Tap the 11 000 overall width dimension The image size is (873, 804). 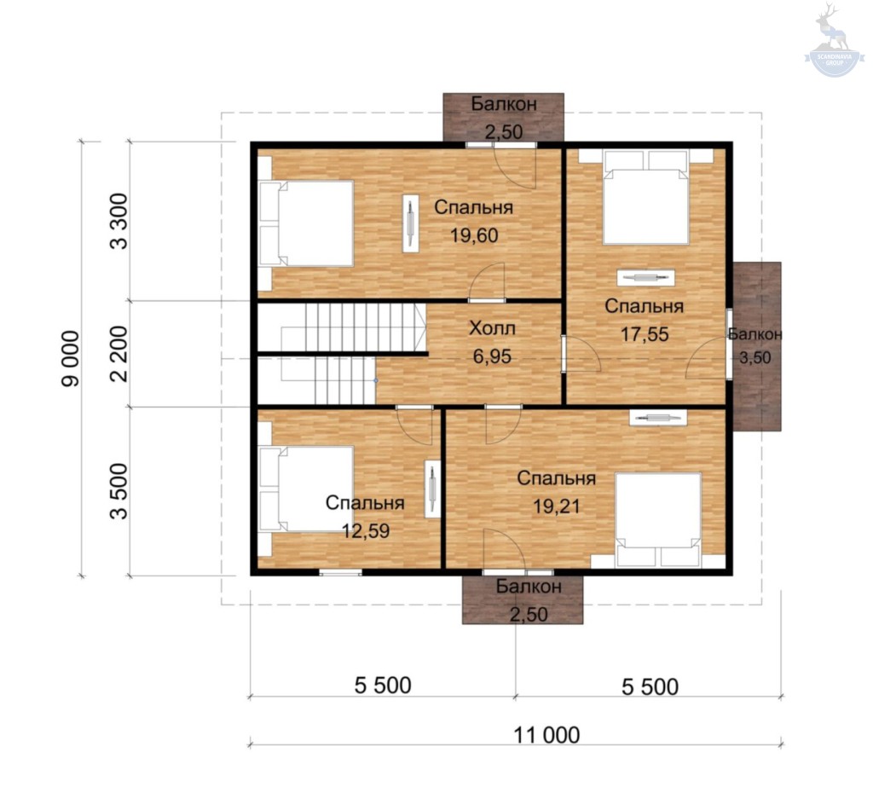click(x=546, y=736)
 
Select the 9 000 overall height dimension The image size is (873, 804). click(x=72, y=359)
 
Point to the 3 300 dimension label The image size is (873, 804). click(x=119, y=221)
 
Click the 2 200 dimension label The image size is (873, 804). click(x=119, y=354)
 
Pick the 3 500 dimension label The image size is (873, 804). click(x=119, y=491)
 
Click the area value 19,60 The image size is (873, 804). click(x=474, y=235)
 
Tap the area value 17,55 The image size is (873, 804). click(x=645, y=334)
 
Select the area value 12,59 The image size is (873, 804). click(x=365, y=530)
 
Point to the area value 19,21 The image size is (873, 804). click(x=557, y=506)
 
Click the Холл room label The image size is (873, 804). click(x=492, y=328)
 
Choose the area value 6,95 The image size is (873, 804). click(x=492, y=356)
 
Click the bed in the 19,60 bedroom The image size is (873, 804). click(x=307, y=223)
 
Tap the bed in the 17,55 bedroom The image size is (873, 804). click(x=646, y=198)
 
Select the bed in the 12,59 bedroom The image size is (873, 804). click(x=307, y=489)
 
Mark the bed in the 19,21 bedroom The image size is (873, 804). click(x=657, y=520)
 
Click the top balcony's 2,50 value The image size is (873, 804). click(x=504, y=132)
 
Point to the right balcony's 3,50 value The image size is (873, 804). click(x=755, y=357)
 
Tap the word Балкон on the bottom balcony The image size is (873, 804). click(x=529, y=586)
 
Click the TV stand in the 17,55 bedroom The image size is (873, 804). click(x=646, y=277)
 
